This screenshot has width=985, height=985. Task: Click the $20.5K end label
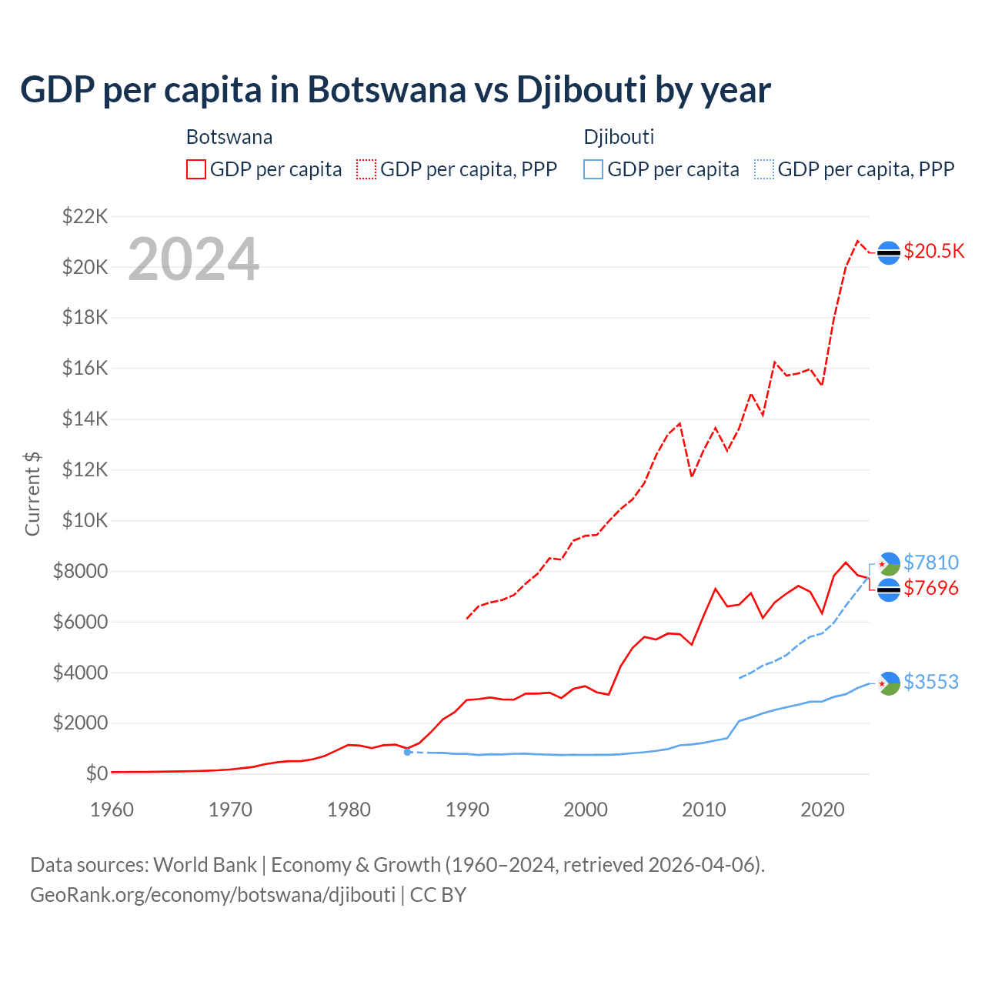(933, 252)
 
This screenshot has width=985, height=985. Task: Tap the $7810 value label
(931, 563)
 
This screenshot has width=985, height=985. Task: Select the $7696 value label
(931, 589)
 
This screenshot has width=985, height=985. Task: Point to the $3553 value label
(931, 682)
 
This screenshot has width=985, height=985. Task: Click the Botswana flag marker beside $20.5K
(889, 252)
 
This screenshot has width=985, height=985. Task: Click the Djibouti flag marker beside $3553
(889, 683)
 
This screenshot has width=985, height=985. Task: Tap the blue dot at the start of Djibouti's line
(407, 752)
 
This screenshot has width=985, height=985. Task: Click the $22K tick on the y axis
(85, 216)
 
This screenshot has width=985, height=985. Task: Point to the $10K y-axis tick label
(85, 520)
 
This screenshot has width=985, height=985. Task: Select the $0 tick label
(96, 773)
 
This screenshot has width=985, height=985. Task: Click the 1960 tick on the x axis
(112, 810)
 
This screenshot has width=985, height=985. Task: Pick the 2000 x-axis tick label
(586, 810)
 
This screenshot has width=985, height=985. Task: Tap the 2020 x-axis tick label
(823, 810)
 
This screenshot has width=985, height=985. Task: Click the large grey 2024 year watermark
(193, 259)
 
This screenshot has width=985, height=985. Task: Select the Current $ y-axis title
(32, 494)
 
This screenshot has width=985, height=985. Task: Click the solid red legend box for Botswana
(196, 169)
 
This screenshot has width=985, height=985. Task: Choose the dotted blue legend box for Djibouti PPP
(764, 169)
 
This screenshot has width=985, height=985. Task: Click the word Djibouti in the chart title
(581, 89)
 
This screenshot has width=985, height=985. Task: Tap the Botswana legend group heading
(229, 137)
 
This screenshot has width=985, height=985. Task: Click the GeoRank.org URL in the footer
(212, 895)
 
